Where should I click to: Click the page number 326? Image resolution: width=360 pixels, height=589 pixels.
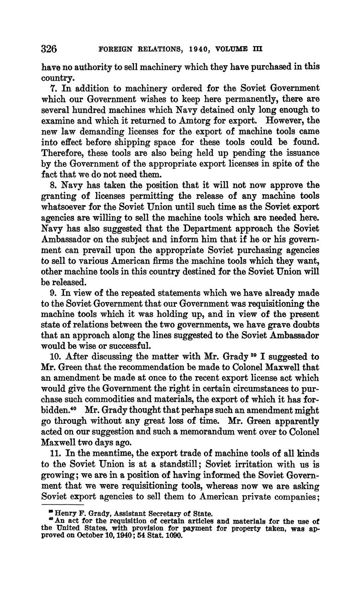[49, 49]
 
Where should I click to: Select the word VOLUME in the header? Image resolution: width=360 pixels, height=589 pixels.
[232, 49]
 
